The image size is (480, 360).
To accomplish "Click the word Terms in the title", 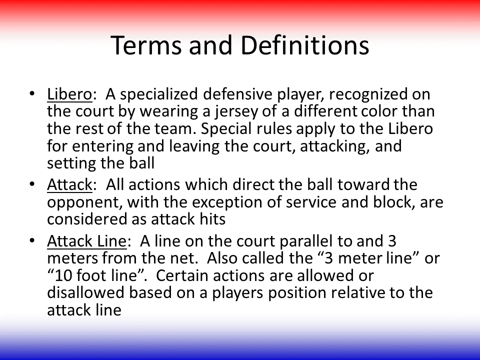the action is pyautogui.click(x=146, y=45).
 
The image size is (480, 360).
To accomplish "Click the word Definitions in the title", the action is pyautogui.click(x=305, y=45).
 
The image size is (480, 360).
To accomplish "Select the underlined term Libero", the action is pyautogui.click(x=69, y=94).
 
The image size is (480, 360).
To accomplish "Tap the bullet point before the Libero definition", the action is pyautogui.click(x=32, y=93).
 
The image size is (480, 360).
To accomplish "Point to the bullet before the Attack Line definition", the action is pyautogui.click(x=32, y=240).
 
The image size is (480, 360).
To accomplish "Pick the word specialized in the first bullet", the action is pyautogui.click(x=159, y=94).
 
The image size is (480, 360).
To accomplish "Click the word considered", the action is pyautogui.click(x=87, y=219).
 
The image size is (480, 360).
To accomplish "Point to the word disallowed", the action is pyautogui.click(x=85, y=292).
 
